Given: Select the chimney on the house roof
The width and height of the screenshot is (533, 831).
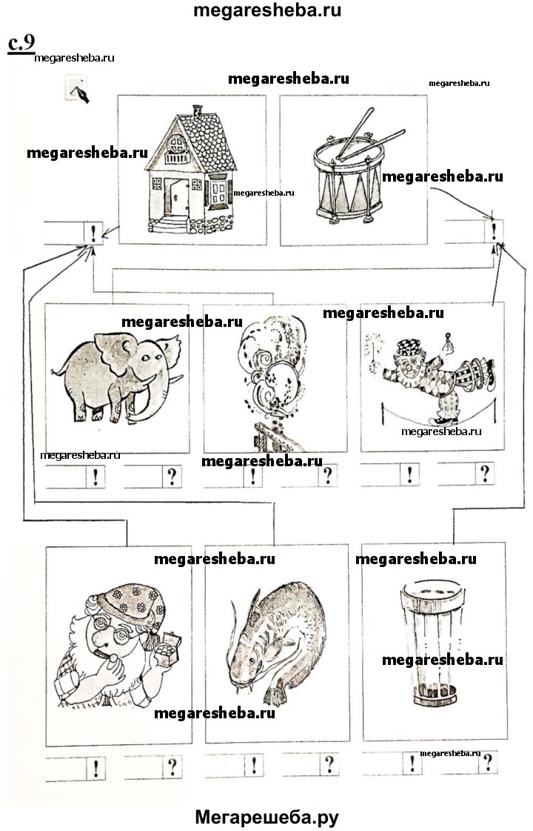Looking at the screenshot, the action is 198,110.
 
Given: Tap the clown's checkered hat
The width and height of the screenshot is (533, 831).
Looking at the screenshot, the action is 408,347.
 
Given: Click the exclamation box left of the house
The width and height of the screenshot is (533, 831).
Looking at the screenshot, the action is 94,234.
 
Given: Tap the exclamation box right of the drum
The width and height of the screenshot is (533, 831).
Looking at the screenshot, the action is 494,231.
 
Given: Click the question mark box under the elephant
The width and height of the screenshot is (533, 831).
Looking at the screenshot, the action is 172,477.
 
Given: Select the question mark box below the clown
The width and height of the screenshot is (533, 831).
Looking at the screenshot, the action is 484,473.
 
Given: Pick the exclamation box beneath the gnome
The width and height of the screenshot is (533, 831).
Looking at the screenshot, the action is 95,768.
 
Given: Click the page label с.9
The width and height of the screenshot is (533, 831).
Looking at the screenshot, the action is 21,44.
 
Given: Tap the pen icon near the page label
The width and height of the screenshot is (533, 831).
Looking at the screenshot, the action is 78,89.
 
